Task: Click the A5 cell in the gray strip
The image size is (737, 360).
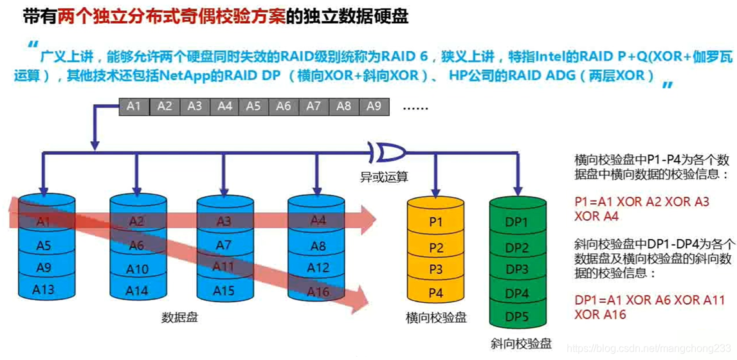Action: point(254,107)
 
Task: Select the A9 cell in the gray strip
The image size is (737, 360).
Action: point(374,107)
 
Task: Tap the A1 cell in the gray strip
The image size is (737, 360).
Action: point(134,107)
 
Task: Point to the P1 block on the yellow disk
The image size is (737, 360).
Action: point(436,222)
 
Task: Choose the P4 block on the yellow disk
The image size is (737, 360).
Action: point(436,293)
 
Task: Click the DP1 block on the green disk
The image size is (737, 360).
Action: point(516,222)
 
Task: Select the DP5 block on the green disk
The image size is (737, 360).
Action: point(516,316)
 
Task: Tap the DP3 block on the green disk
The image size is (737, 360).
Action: point(516,269)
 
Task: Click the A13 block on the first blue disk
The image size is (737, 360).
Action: point(44,289)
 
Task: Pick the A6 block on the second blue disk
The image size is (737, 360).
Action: point(136,246)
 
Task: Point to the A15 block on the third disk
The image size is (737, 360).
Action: point(223,291)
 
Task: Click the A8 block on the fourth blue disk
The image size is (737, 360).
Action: point(318,246)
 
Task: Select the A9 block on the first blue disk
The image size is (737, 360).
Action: point(44,267)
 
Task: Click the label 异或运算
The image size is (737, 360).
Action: point(384,177)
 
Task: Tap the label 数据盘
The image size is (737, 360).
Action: point(179,317)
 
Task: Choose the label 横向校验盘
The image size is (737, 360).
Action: point(436,318)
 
